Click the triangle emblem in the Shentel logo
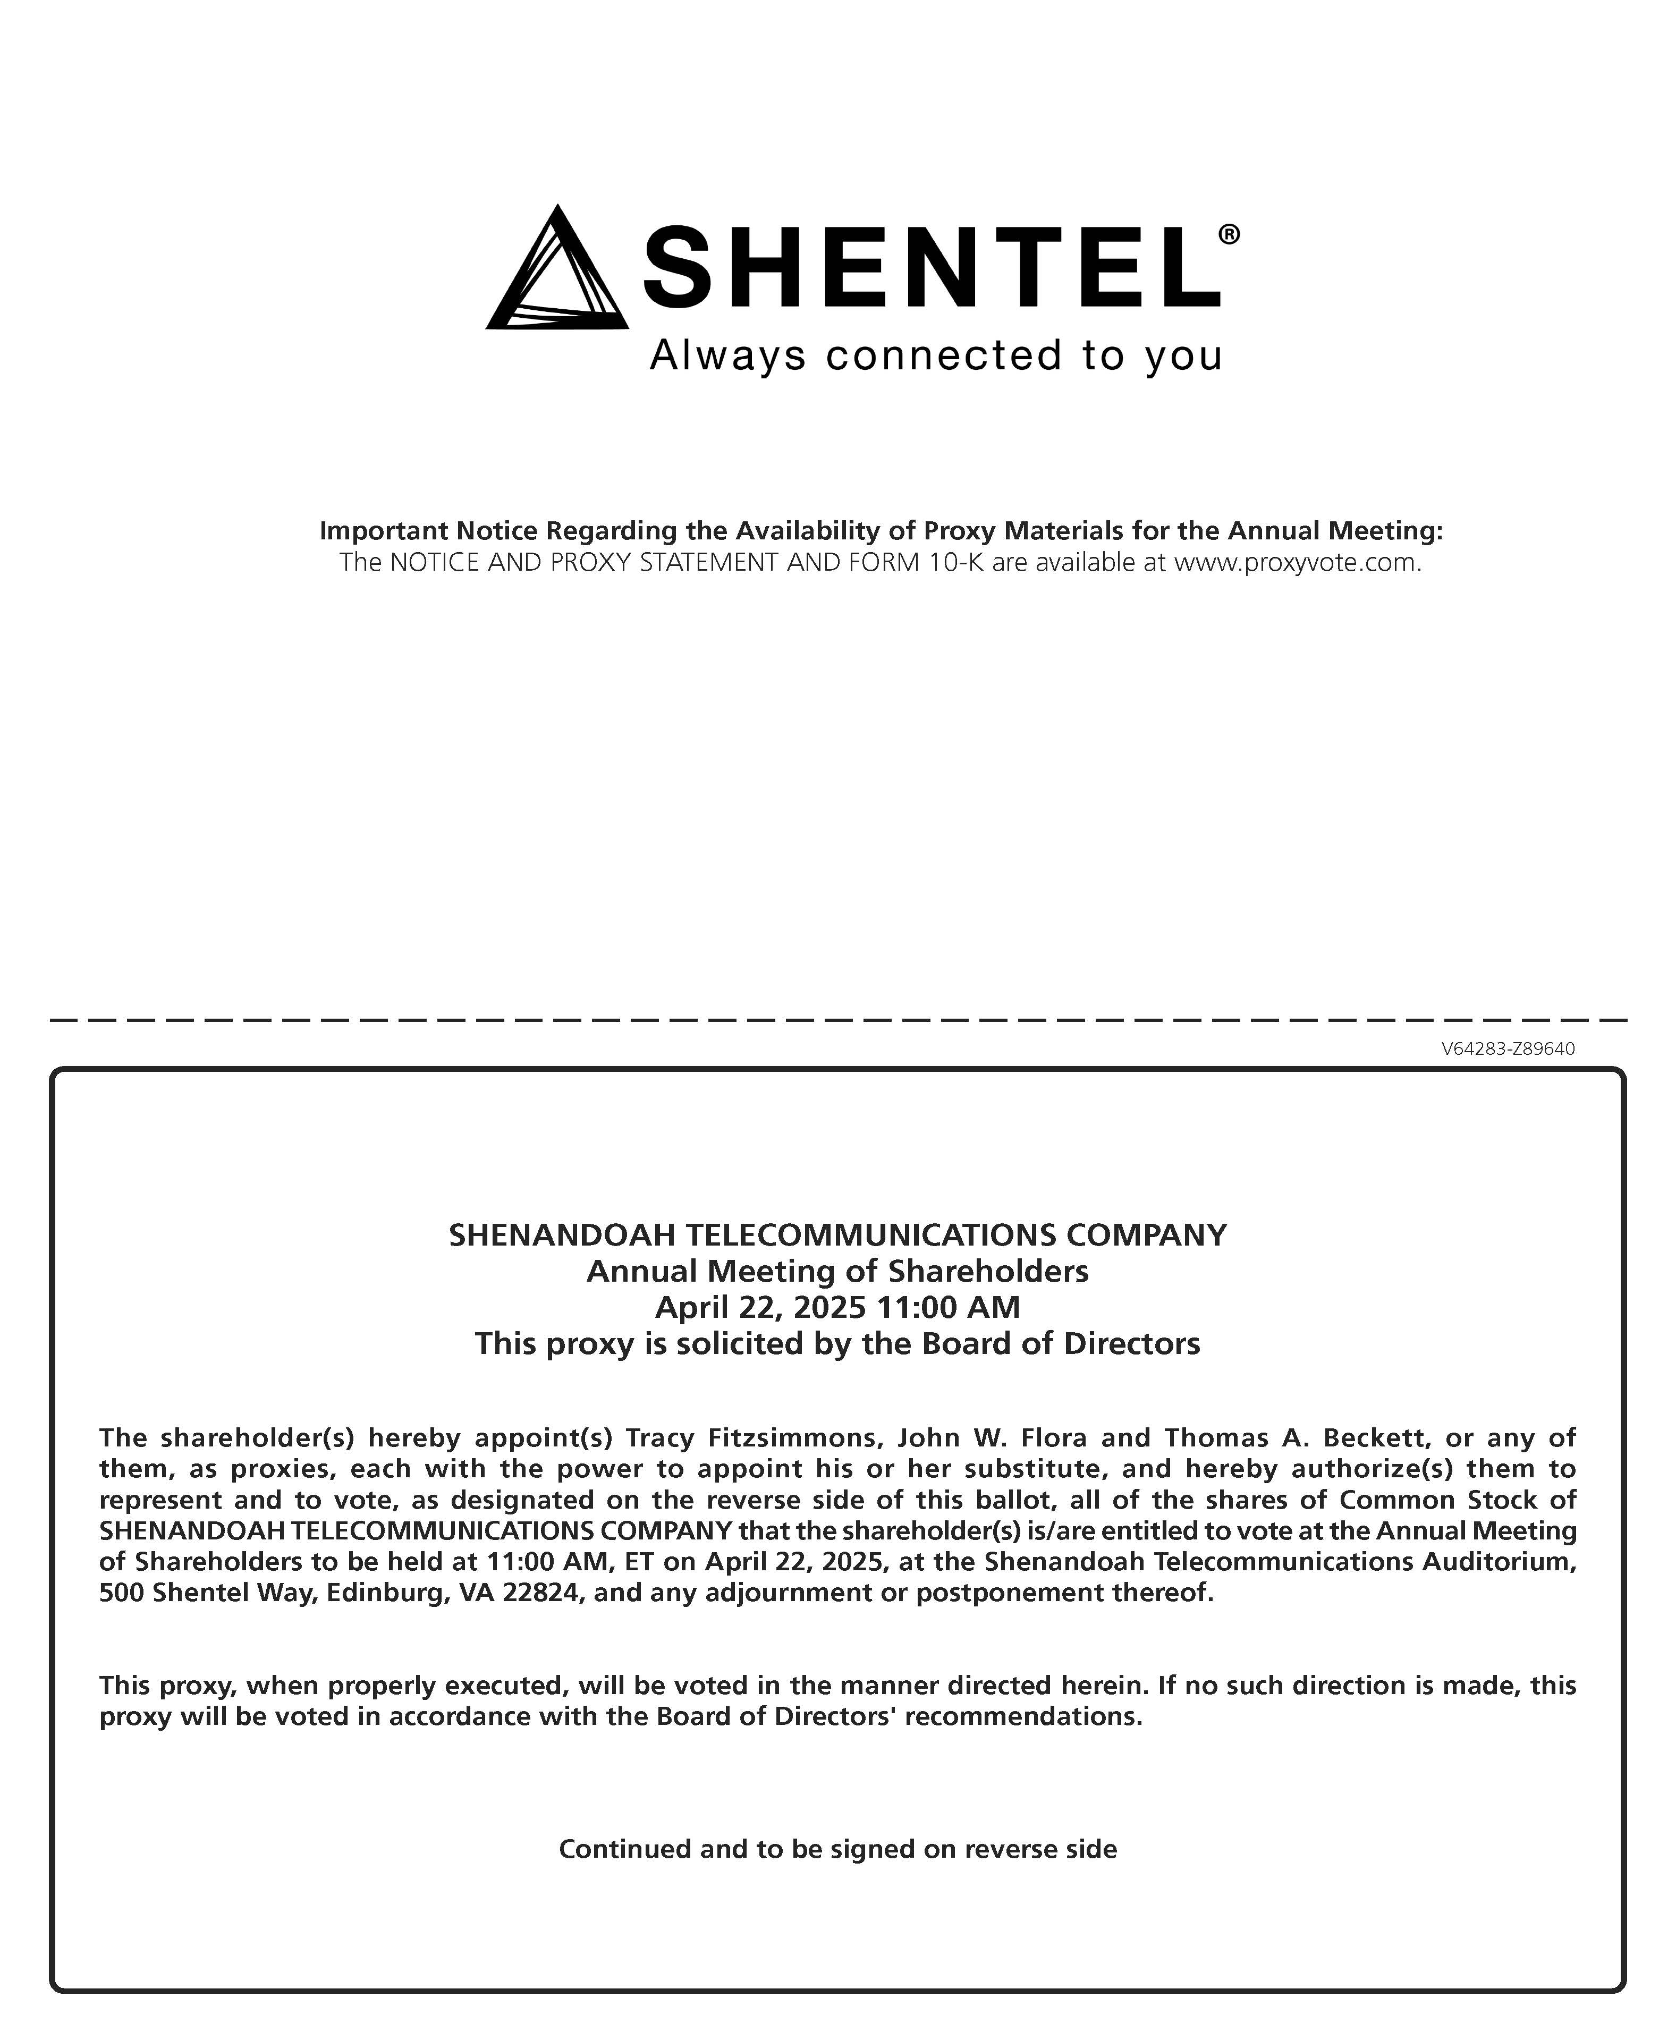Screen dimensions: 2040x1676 pos(556,270)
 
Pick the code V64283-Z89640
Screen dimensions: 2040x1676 pos(1508,1048)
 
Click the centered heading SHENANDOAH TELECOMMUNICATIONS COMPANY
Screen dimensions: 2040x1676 pos(837,1235)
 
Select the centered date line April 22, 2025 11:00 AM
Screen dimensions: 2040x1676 pos(837,1307)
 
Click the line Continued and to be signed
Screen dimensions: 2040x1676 pos(837,1849)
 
